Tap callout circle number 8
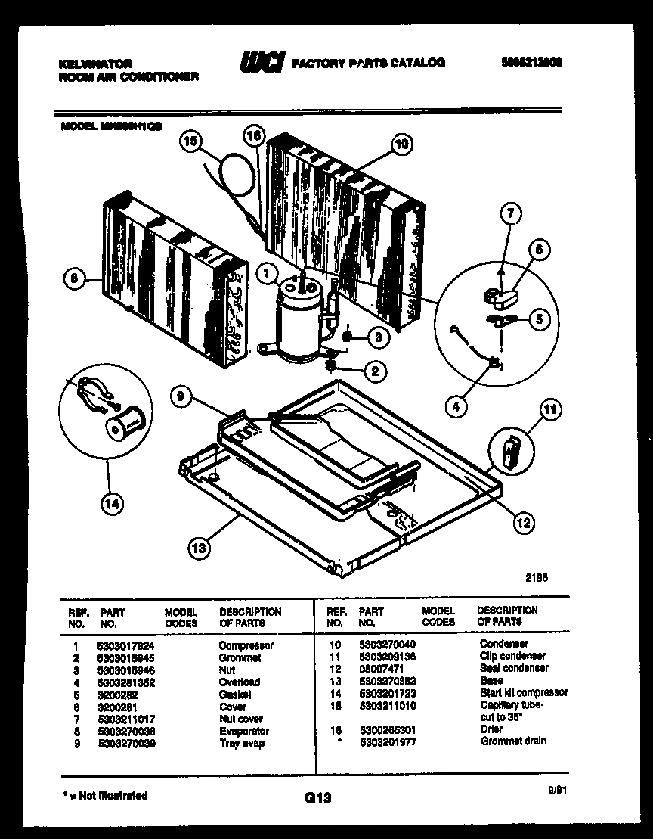click(74, 279)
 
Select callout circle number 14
click(111, 506)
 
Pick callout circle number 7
click(510, 215)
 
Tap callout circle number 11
click(551, 411)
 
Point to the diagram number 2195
click(537, 577)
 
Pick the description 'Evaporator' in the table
click(243, 731)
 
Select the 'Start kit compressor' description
click(524, 692)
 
